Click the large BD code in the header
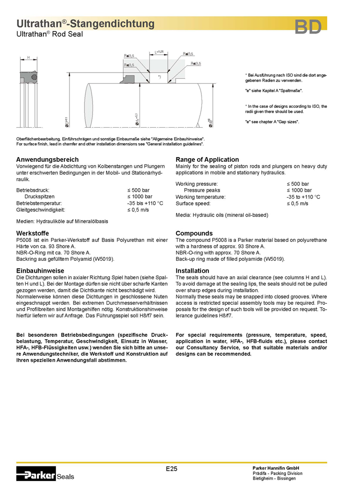[307, 28]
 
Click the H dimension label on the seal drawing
[28, 58]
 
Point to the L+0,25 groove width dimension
[159, 52]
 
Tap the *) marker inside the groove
[159, 77]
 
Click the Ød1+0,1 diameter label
[137, 121]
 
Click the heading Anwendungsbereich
[47, 160]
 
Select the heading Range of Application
[207, 160]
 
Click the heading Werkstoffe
[33, 233]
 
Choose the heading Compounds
[194, 233]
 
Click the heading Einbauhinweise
[40, 271]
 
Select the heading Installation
[192, 271]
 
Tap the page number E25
[171, 469]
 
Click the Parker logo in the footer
[36, 472]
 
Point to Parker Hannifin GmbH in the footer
[275, 467]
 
